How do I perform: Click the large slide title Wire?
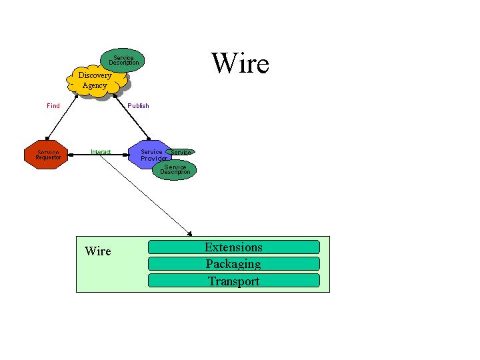pos(240,63)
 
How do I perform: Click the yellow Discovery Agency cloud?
pos(97,81)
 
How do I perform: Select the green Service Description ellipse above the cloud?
pos(124,60)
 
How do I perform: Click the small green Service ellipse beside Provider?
pos(181,153)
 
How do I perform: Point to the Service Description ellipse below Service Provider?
pos(175,170)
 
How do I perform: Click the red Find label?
pos(53,106)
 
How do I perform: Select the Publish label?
pos(138,106)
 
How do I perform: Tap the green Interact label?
pos(101,152)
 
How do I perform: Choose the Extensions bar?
pos(233,247)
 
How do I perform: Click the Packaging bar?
pos(233,263)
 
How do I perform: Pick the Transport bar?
pos(233,281)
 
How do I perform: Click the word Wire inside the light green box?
pos(98,251)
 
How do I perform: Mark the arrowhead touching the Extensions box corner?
pos(189,233)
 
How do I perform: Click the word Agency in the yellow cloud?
pos(95,85)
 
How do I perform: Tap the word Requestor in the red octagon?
pos(48,157)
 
